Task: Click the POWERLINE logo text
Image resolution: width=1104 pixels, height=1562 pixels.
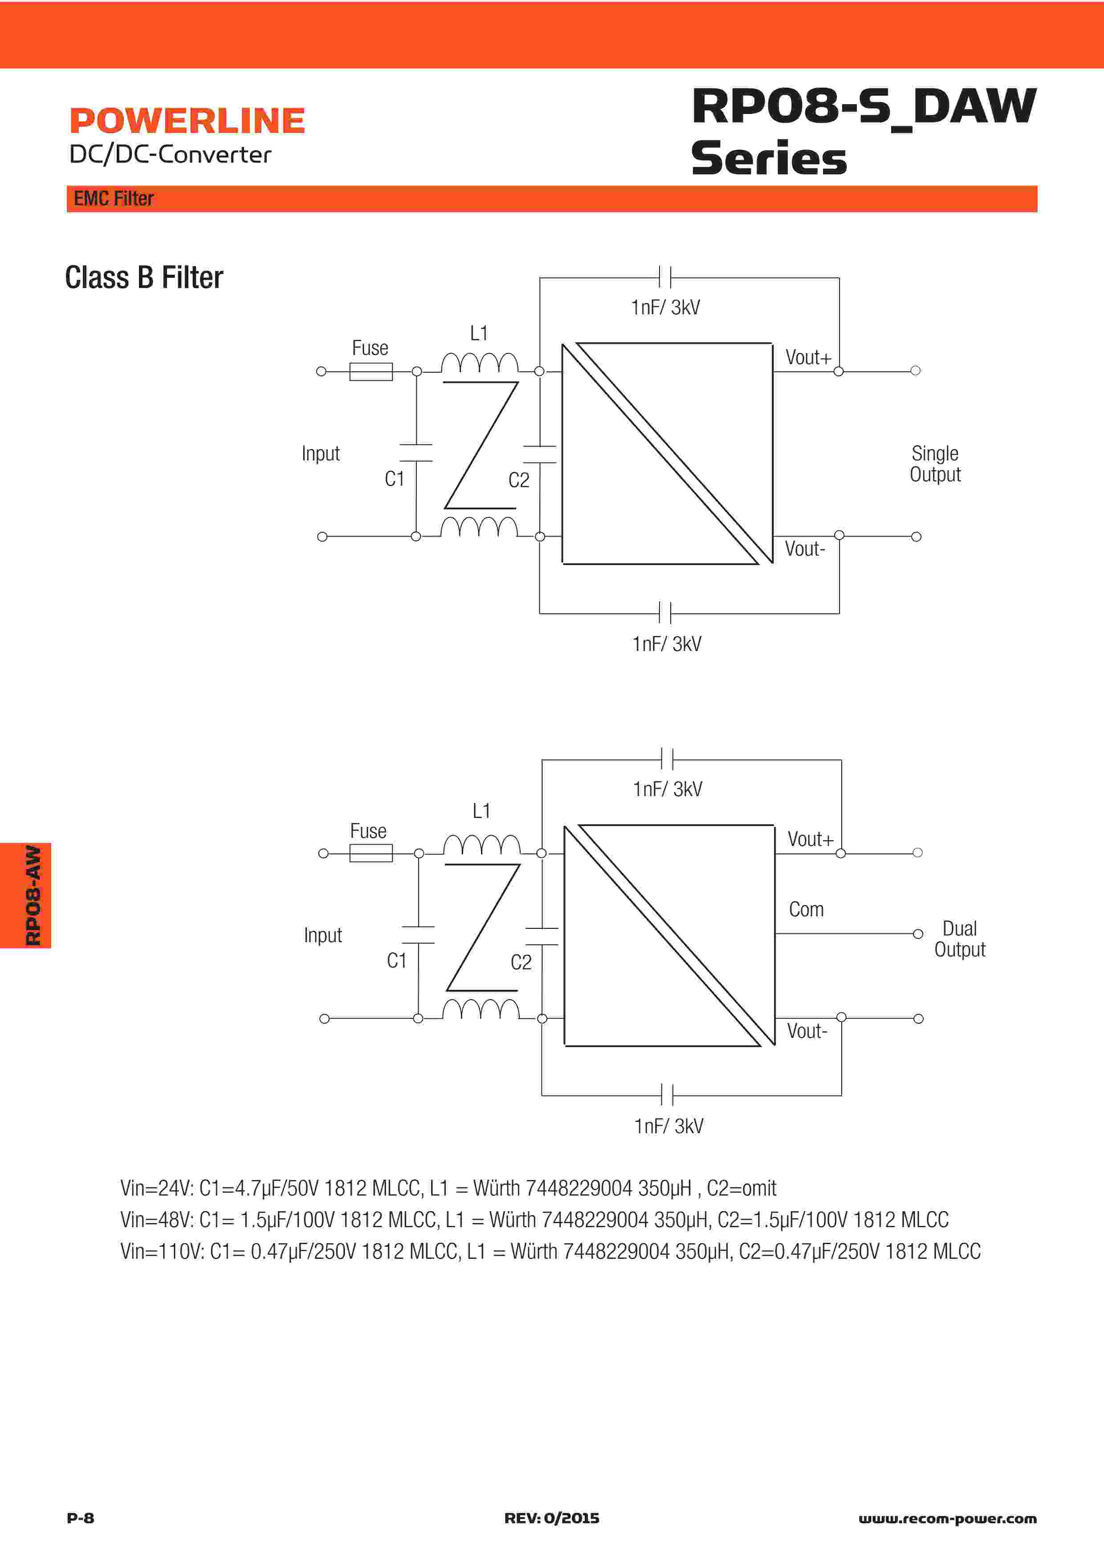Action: click(187, 121)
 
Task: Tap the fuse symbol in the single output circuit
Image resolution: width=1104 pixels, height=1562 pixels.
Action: click(371, 371)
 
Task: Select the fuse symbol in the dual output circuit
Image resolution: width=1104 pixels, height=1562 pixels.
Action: click(371, 853)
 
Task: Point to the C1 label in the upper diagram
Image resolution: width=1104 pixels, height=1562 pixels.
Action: click(395, 479)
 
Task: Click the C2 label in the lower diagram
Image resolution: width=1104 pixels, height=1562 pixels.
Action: click(521, 962)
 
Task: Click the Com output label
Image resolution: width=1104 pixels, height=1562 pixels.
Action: click(806, 910)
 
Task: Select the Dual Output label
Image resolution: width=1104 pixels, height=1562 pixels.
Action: click(960, 939)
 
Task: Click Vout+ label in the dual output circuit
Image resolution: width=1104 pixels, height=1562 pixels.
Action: click(810, 839)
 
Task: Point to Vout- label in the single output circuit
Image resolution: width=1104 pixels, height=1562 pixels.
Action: click(805, 549)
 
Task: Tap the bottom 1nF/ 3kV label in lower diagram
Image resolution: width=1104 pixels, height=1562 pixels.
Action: click(668, 1126)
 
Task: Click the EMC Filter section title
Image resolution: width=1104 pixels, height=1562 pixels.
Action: click(114, 199)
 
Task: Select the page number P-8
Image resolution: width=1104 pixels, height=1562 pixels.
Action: click(80, 1518)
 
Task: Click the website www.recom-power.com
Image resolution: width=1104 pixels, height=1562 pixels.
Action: click(948, 1518)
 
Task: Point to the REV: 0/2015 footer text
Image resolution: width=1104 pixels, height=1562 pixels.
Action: click(552, 1518)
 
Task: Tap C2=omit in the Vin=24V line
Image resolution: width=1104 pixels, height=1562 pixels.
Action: click(741, 1188)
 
